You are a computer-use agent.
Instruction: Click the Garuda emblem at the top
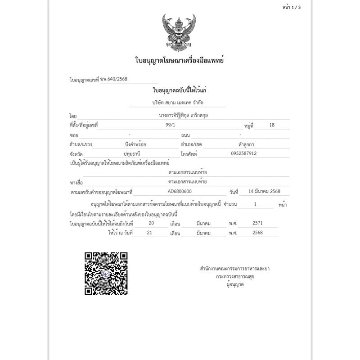[180, 32]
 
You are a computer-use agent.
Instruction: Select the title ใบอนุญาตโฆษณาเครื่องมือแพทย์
[180, 60]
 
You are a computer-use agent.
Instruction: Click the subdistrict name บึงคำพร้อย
[136, 144]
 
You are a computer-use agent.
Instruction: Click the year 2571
[257, 223]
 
